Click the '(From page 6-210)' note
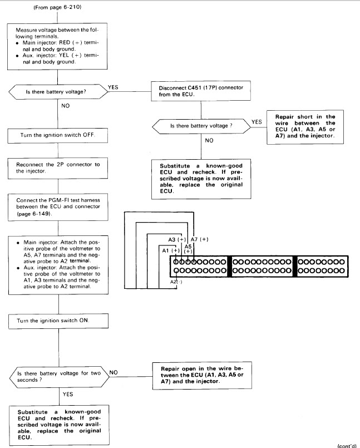57,7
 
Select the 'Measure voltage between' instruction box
57,46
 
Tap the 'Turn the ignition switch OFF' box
58,135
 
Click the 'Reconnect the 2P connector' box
58,168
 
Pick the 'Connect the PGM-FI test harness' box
58,207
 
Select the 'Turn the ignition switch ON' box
58,321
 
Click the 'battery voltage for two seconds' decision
60,377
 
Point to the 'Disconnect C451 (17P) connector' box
201,91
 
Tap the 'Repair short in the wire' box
305,127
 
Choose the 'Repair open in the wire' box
203,375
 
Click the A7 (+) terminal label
199,239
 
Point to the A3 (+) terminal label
177,239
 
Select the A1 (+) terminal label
171,250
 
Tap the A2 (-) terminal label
176,282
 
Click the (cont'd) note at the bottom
347,446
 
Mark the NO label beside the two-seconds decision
114,372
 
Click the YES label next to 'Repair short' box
257,122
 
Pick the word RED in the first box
65,42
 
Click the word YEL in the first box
65,56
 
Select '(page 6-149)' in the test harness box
34,214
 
